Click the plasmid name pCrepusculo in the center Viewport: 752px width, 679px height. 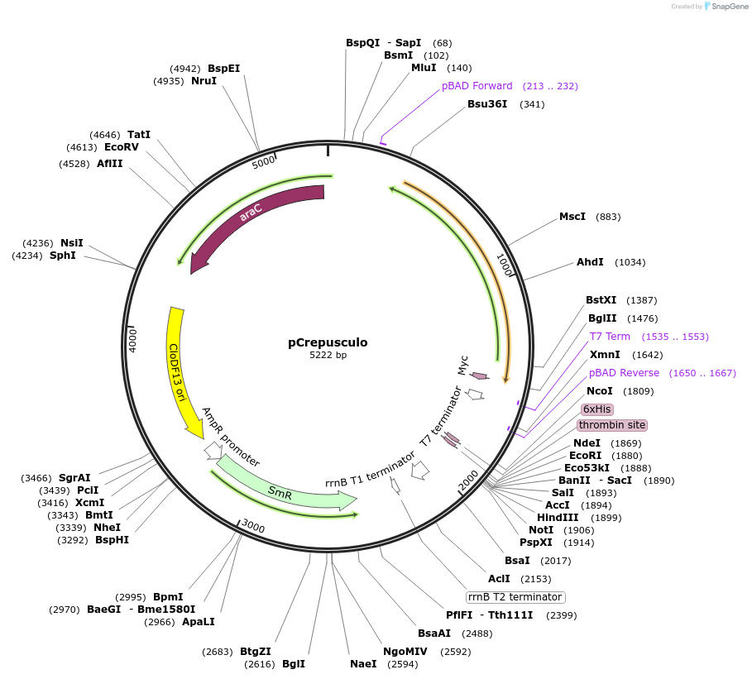click(x=328, y=342)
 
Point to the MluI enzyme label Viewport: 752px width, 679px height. click(x=424, y=68)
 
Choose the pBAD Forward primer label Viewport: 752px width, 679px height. click(x=477, y=86)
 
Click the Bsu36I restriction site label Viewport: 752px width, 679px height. click(x=487, y=104)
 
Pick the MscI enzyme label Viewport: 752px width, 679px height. click(x=572, y=217)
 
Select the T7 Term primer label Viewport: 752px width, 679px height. click(x=610, y=337)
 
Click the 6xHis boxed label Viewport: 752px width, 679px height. click(x=596, y=409)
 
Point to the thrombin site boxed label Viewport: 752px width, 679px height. click(x=612, y=425)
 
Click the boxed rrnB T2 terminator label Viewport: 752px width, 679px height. click(x=515, y=597)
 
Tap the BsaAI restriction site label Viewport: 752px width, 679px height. click(x=434, y=634)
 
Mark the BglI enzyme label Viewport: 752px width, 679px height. click(x=294, y=663)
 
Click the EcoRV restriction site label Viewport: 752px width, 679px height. click(x=122, y=147)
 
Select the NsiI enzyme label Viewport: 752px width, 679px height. click(x=72, y=243)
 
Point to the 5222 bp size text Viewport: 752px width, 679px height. click(x=328, y=356)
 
